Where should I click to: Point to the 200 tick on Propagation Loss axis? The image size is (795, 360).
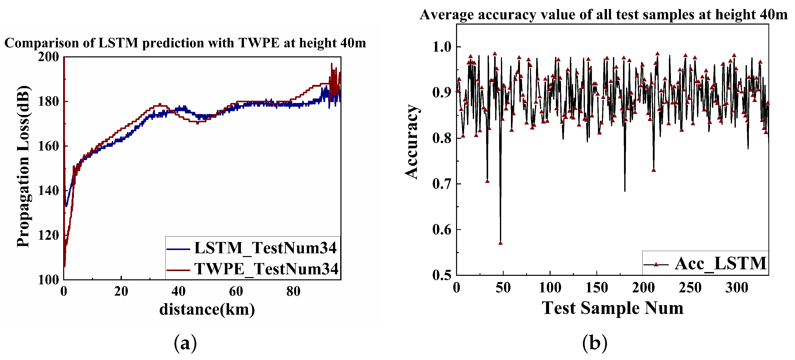[x=48, y=57]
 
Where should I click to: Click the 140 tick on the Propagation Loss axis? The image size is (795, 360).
[x=48, y=191]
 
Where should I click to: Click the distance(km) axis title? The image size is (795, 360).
[x=207, y=309]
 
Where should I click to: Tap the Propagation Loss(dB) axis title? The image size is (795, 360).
[x=23, y=167]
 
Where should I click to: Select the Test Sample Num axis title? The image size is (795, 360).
[x=612, y=308]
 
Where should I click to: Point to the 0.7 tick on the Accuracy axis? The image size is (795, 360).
[x=442, y=184]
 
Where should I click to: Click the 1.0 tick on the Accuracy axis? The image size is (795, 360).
[x=442, y=47]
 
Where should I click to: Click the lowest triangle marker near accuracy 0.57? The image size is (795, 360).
[x=500, y=243]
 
